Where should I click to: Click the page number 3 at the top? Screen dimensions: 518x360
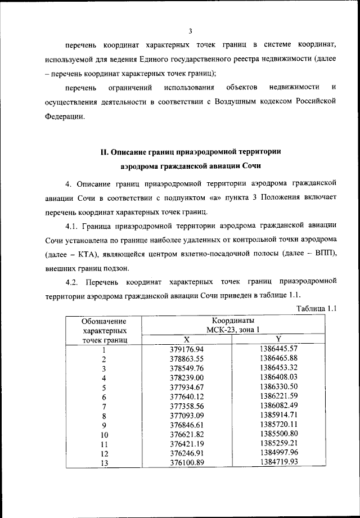click(x=191, y=31)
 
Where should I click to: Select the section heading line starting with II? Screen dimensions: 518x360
click(x=190, y=151)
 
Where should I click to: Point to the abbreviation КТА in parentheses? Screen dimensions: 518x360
click(x=89, y=254)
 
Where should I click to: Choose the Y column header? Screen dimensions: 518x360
click(x=278, y=339)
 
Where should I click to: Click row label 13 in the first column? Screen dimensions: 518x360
click(x=103, y=463)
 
